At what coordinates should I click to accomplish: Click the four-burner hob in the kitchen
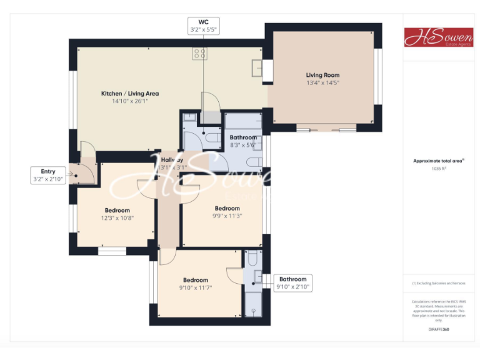click(x=201, y=54)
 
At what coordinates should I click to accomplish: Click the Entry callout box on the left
click(x=48, y=175)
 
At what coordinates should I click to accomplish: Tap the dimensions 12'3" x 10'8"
click(x=117, y=218)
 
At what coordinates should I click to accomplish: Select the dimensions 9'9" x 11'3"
click(x=227, y=216)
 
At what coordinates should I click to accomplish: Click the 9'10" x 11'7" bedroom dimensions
click(x=196, y=288)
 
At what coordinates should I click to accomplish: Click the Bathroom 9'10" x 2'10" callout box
click(x=292, y=283)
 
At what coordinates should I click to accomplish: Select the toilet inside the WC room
click(x=211, y=136)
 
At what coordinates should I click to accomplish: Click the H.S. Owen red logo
click(x=438, y=37)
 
